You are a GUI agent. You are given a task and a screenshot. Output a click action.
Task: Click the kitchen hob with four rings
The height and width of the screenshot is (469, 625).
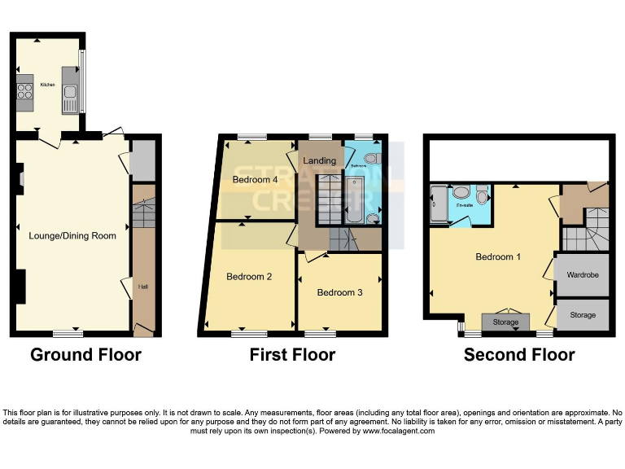tap(24, 91)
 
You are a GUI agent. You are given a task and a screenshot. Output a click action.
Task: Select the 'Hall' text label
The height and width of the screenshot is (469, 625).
tap(142, 287)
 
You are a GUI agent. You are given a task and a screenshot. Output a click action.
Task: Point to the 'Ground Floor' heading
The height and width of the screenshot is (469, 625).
tap(85, 355)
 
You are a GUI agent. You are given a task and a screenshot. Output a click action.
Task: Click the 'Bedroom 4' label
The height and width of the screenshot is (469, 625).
tap(256, 179)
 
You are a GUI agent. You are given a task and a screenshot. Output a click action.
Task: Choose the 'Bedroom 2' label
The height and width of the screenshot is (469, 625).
tap(249, 277)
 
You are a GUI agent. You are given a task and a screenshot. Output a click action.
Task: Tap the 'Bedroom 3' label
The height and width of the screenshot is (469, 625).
tap(339, 292)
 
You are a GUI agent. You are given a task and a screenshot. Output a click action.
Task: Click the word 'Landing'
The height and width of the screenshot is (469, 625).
tap(319, 160)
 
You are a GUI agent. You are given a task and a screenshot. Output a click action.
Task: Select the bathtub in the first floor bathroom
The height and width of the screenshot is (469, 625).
tap(355, 199)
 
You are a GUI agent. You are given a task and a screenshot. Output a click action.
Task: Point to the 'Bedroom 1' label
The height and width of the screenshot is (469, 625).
tap(499, 257)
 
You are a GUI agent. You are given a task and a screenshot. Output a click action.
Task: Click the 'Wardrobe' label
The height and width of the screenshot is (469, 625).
tap(582, 275)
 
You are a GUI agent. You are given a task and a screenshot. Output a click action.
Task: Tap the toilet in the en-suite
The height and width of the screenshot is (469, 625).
tap(483, 196)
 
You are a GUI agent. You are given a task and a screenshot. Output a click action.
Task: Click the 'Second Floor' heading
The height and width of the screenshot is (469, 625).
tap(519, 355)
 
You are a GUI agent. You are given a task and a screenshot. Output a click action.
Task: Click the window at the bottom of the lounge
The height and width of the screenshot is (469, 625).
tap(68, 333)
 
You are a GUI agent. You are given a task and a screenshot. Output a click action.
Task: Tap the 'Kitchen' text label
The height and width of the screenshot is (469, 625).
tap(46, 84)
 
